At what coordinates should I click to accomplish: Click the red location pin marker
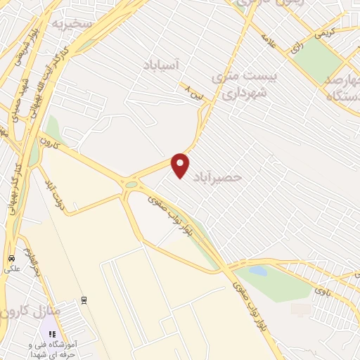point(181,165)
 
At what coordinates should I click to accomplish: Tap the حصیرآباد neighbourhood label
point(221,177)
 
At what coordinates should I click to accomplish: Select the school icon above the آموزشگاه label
point(51,334)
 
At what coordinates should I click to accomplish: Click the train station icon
point(84,300)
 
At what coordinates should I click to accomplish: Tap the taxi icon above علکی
point(11,258)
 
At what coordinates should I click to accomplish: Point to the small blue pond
point(258,270)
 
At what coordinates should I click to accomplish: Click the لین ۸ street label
point(193,91)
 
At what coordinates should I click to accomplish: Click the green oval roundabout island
point(131,184)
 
